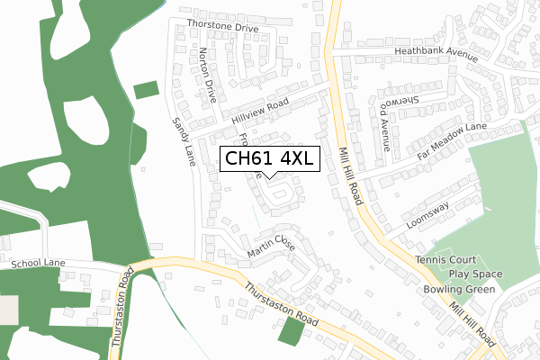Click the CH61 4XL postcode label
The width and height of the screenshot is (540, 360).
[268, 159]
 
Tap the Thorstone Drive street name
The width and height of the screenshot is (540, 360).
[222, 27]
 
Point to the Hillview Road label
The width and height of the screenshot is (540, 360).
[259, 111]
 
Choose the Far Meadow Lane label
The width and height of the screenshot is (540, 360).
[452, 140]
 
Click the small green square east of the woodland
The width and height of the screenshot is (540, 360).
[146, 91]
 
